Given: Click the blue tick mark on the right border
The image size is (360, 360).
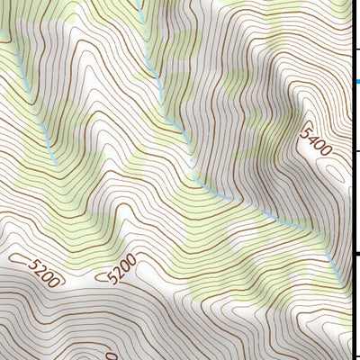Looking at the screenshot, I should (x=357, y=81).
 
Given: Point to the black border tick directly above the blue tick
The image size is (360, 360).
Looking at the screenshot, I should (x=357, y=48).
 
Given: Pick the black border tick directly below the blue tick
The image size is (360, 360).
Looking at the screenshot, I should (x=357, y=152).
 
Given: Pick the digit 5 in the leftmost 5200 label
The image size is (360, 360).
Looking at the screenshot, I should (x=33, y=263).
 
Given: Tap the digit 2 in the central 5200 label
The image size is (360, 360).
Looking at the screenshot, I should (x=118, y=271).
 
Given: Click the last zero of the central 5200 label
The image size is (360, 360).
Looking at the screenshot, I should (x=131, y=260).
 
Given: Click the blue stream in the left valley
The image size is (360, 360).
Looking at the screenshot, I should (x=47, y=144).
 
